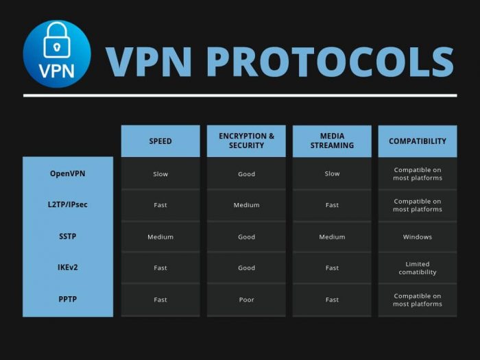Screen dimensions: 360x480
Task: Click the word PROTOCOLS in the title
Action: pos(330,62)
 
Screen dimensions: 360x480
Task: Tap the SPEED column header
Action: pos(160,141)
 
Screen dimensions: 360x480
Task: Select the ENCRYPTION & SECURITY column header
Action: pos(246,141)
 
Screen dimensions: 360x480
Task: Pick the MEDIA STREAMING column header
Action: pos(332,141)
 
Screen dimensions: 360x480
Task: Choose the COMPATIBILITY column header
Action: pos(418,141)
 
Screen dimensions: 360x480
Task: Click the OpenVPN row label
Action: pos(68,173)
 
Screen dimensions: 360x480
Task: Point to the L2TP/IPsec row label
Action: pos(68,205)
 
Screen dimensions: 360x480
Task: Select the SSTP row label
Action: pos(68,237)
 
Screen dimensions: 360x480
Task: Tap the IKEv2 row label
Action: pos(68,268)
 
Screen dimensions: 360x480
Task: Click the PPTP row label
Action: pos(68,300)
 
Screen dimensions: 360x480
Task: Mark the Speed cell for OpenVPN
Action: pos(160,173)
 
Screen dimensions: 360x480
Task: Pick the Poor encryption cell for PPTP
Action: pos(246,300)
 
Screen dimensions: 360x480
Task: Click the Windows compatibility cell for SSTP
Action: pos(418,237)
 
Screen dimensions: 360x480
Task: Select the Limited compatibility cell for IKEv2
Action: pos(418,268)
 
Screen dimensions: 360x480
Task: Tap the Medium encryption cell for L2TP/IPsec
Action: pos(246,205)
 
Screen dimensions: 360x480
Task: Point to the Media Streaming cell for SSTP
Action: pos(332,237)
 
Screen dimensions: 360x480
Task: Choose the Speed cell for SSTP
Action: pos(160,237)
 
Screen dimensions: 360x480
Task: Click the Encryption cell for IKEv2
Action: pos(246,268)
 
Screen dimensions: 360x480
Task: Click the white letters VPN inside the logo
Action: pos(57,71)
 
